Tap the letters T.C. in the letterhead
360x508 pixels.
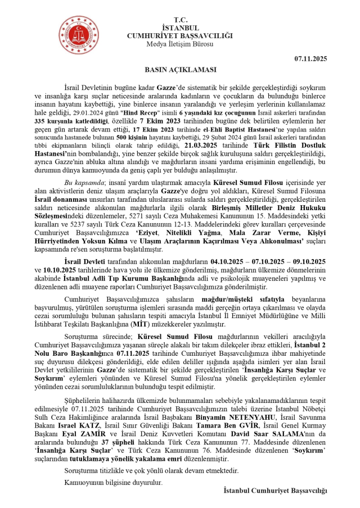(x=180, y=20)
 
